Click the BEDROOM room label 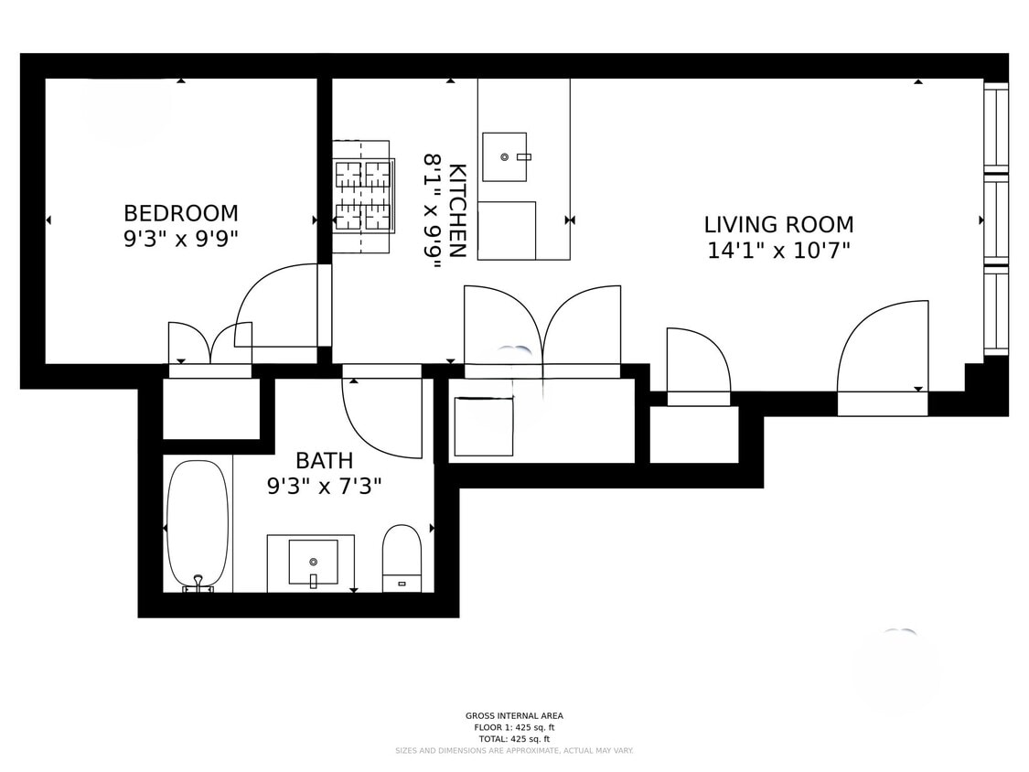pos(180,213)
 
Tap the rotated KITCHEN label pos(457,210)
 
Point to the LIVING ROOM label pos(778,224)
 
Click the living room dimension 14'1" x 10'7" pos(778,250)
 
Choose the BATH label pos(324,460)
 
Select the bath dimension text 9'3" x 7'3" pos(324,486)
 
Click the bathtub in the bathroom pos(198,523)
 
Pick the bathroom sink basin pos(313,561)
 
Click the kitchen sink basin pos(505,156)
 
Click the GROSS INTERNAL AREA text pos(514,716)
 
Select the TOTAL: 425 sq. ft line pos(514,739)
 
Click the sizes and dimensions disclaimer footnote pos(514,751)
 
